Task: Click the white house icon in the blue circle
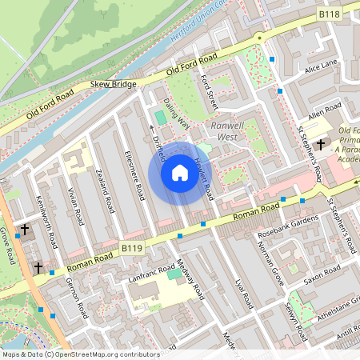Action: pos(179,173)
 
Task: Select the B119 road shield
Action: pos(133,250)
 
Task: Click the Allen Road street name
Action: pos(324,111)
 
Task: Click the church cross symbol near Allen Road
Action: pos(322,145)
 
